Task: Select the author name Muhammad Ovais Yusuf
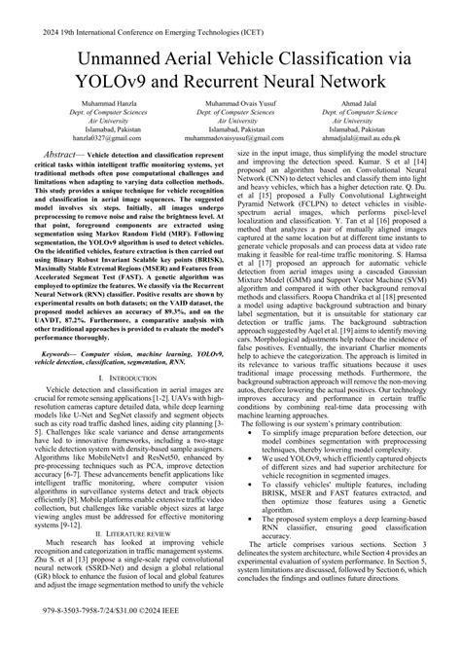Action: click(x=230, y=127)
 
